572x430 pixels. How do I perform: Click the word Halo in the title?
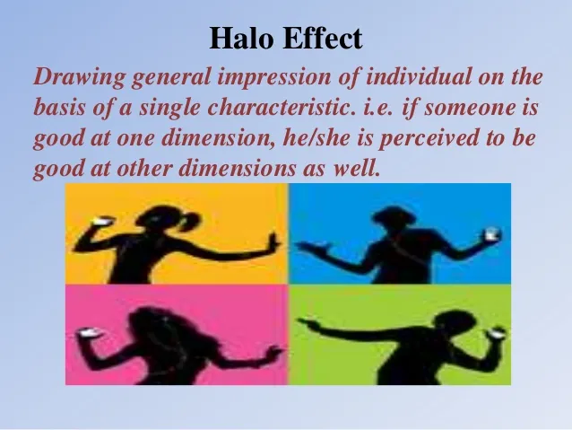pyautogui.click(x=241, y=38)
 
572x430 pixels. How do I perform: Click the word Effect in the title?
pyautogui.click(x=322, y=38)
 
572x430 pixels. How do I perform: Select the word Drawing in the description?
pyautogui.click(x=80, y=78)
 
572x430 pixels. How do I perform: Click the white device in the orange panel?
pyautogui.click(x=103, y=221)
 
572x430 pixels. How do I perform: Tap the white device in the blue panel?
pyautogui.click(x=492, y=234)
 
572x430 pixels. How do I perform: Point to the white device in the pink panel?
pyautogui.click(x=89, y=332)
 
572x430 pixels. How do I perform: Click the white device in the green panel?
pyautogui.click(x=496, y=333)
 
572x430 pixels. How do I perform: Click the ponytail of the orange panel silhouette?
pyautogui.click(x=190, y=222)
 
